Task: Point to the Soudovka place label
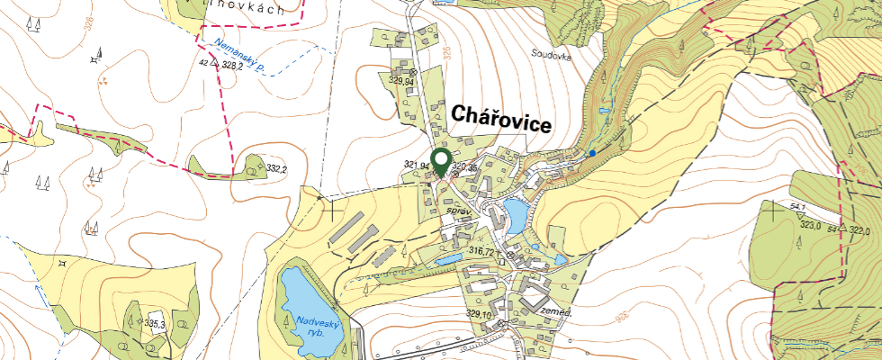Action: coord(552,53)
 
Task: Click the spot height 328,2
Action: coord(233,67)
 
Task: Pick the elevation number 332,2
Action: coord(277,169)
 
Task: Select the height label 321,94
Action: coord(418,166)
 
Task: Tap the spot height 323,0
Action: coord(812,226)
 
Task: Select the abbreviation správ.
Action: coord(459,211)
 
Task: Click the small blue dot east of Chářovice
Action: coord(592,154)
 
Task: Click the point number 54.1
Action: coord(796,207)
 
